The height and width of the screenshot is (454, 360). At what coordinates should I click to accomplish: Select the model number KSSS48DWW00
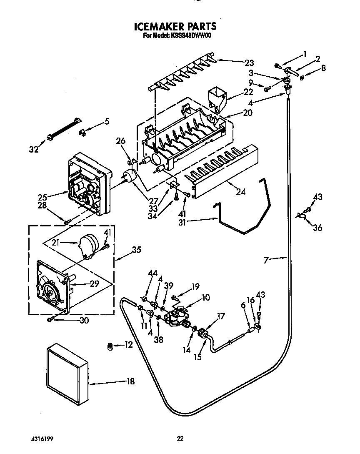[190, 36]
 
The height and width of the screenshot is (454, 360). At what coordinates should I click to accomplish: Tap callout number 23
[249, 63]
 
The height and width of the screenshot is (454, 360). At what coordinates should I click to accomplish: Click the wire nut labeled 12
[110, 346]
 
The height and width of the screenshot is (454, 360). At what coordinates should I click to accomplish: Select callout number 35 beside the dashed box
[136, 250]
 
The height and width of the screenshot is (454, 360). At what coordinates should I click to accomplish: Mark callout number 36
[317, 228]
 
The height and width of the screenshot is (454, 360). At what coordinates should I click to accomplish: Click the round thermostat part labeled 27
[130, 177]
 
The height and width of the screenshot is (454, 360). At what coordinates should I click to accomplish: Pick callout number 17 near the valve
[220, 316]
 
